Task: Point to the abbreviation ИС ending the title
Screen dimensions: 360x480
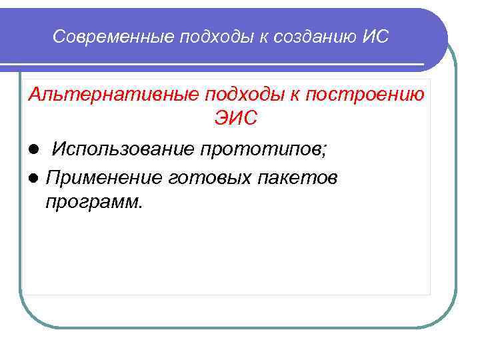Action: click(376, 38)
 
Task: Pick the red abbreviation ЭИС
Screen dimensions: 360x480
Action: click(235, 121)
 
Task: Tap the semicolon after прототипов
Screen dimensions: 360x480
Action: click(325, 149)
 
